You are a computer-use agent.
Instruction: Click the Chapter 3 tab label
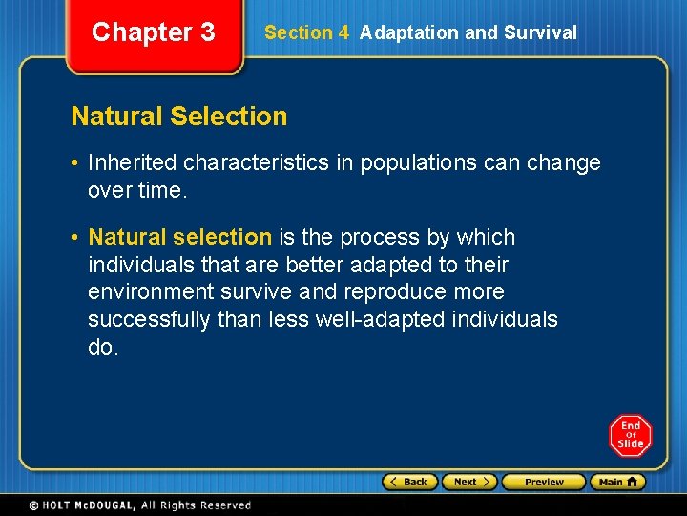(x=153, y=32)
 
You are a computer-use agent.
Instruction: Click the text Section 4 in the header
(x=306, y=32)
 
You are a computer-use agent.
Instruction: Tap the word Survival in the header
(x=541, y=32)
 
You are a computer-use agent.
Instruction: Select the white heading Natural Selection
(x=179, y=117)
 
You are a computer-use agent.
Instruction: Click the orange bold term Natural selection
(x=180, y=237)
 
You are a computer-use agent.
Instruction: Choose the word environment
(x=145, y=291)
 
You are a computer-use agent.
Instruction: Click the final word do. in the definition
(x=103, y=347)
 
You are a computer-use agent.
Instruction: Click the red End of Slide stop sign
(x=630, y=436)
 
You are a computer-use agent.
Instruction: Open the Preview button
(x=544, y=482)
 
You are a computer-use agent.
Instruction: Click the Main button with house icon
(x=617, y=482)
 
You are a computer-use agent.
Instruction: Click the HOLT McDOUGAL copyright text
(x=139, y=505)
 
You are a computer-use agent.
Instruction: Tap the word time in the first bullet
(x=160, y=190)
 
